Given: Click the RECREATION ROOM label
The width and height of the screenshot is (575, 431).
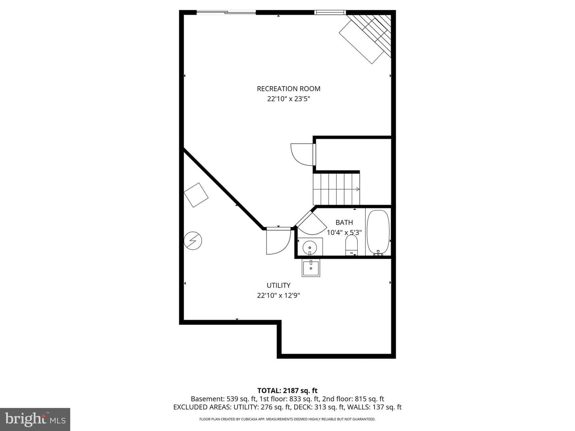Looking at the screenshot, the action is click(x=288, y=89).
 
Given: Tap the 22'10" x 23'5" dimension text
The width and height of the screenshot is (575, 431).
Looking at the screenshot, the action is click(x=288, y=99).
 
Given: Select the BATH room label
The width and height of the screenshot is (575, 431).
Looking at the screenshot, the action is click(x=344, y=222).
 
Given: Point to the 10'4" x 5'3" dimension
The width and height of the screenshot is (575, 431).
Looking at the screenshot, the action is click(x=344, y=232).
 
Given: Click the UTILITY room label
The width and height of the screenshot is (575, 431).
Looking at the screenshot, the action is click(x=278, y=285).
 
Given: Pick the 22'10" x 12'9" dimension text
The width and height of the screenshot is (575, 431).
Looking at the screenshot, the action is click(x=278, y=295).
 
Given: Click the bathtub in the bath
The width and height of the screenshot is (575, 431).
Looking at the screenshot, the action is click(x=378, y=232).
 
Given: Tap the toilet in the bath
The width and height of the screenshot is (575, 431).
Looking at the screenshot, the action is click(x=351, y=245).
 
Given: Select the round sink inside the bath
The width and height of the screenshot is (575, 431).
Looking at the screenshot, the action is click(x=310, y=247).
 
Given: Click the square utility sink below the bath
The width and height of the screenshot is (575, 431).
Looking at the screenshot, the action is click(x=311, y=268).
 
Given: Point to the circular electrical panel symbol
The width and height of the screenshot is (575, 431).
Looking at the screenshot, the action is click(x=193, y=241).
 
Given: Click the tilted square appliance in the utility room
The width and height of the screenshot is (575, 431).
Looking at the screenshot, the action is click(x=196, y=195).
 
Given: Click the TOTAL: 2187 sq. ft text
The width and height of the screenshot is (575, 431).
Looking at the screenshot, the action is click(x=287, y=391).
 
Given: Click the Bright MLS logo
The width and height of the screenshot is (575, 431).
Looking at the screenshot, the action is click(x=35, y=419).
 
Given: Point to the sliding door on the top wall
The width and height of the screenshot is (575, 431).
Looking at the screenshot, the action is click(x=226, y=12).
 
